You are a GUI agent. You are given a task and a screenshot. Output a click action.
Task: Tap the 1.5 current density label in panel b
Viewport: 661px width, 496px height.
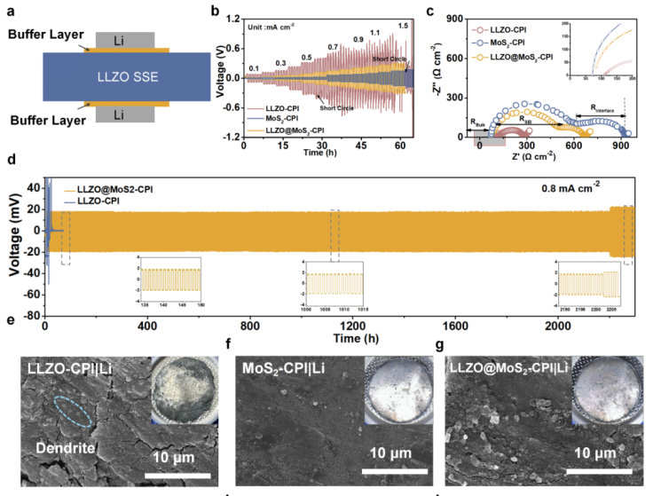click(x=404, y=26)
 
